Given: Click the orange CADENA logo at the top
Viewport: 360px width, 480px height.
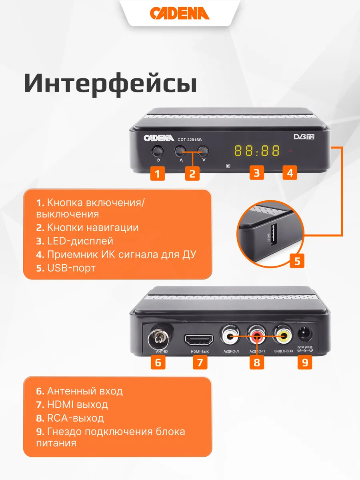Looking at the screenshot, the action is [180, 13].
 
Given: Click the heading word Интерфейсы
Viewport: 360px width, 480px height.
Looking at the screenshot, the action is [111, 84].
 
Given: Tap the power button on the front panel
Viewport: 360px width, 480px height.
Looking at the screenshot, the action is [158, 151].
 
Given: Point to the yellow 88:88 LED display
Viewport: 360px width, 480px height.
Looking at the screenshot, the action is [257, 150].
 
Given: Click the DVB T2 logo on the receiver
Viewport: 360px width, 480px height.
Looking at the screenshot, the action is [304, 137].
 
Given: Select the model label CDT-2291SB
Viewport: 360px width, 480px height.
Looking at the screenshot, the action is [190, 140].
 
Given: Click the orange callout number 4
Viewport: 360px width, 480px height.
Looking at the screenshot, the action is [290, 173].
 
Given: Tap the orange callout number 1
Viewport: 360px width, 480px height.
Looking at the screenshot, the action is [158, 174].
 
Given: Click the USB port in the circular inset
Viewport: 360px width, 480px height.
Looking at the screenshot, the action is [274, 234].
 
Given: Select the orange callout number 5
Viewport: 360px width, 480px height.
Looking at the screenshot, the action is [297, 261].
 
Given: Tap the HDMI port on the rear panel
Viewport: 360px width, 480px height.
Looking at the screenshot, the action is [199, 340].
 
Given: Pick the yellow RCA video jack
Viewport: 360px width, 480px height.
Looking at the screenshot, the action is [284, 336].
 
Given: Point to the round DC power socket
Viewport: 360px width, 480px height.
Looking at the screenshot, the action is [305, 334].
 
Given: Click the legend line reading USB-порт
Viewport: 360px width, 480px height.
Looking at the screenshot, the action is [66, 268].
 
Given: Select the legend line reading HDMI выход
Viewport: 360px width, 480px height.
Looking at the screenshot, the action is [72, 404].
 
